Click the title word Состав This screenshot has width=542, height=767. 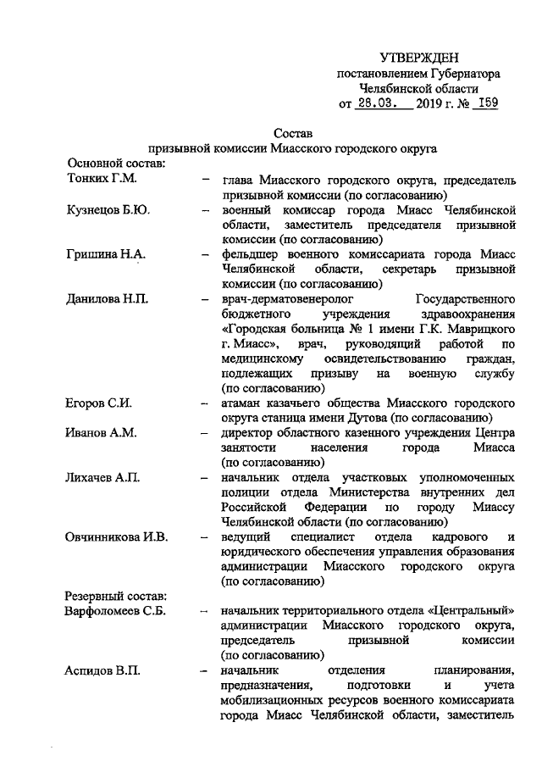point(293,133)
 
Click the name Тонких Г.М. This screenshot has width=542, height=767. point(101,179)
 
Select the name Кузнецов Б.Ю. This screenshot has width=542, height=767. point(108,209)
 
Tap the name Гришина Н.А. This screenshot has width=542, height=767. point(106,253)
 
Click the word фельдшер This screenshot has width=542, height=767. point(250,253)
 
